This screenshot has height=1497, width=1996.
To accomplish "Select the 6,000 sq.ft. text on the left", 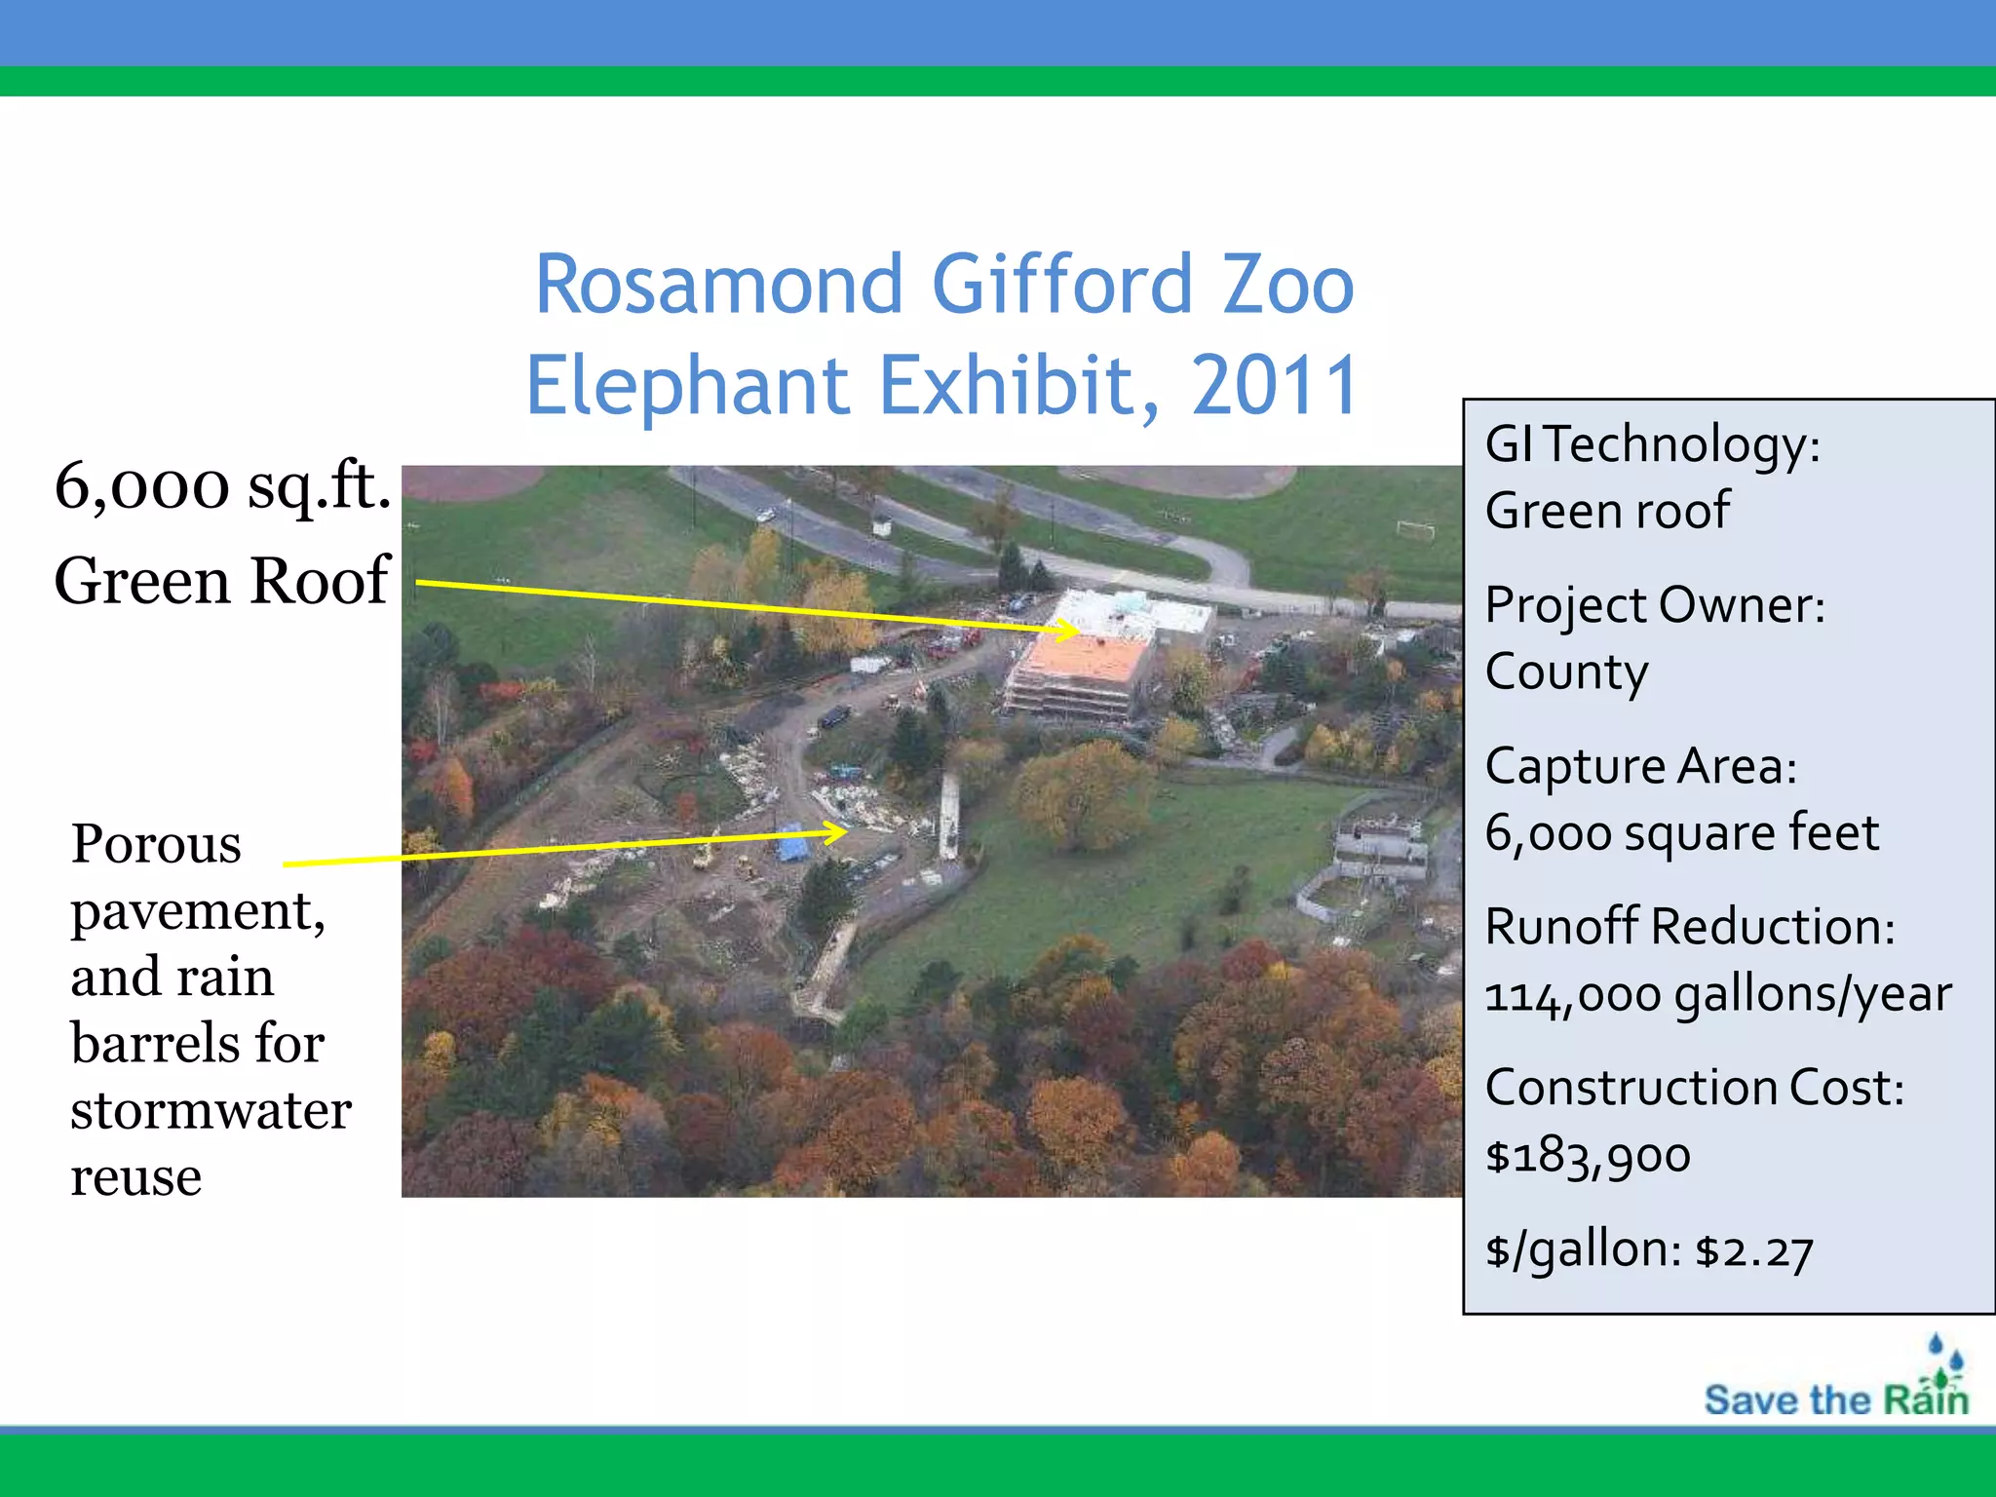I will click(x=222, y=485).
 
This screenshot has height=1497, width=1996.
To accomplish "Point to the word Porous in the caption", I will click(x=156, y=844).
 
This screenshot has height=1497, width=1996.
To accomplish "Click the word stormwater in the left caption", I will click(x=211, y=1110).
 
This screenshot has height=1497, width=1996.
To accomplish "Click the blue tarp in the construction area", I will click(x=792, y=844).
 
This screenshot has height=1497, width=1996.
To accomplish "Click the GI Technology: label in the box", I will click(x=1652, y=445).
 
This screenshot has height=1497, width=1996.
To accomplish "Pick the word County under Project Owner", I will click(x=1566, y=672).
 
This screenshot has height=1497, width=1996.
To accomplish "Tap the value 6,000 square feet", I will click(x=1681, y=833).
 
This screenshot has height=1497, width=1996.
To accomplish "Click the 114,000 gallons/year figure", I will click(x=1717, y=995).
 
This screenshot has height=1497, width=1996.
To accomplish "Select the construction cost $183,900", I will click(x=1588, y=1156).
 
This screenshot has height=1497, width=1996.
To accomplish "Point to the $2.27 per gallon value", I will click(x=1754, y=1251).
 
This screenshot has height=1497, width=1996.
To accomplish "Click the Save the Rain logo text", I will click(x=1835, y=1401).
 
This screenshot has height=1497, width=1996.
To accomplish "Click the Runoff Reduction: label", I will click(x=1689, y=927).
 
